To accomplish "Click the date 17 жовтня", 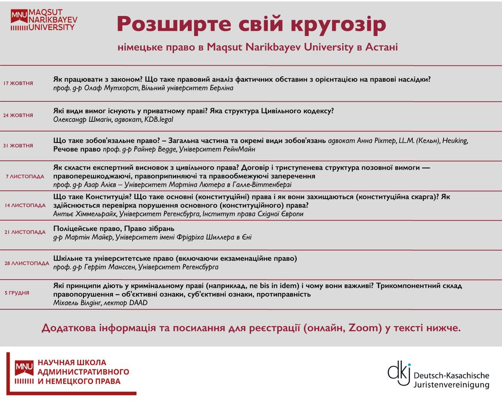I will click(x=18, y=83).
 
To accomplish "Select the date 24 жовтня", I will click(x=18, y=116).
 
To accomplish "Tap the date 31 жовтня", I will click(x=18, y=146).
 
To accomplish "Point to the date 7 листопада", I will click(x=25, y=177).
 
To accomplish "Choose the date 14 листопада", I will click(x=25, y=206).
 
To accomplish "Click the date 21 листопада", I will click(x=25, y=232).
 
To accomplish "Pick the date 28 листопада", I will click(x=27, y=264).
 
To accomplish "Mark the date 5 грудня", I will click(x=17, y=293).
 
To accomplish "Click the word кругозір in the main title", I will click(x=338, y=24).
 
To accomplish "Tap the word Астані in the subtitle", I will click(x=381, y=47).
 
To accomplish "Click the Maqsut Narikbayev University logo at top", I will click(x=44, y=21).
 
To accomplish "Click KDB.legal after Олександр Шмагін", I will click(x=158, y=120).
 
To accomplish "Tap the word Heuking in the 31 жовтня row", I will click(x=455, y=141).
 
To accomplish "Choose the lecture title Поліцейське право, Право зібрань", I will click(x=114, y=229).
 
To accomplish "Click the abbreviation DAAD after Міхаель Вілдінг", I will click(x=138, y=303).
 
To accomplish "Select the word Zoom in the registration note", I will click(x=365, y=328).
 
